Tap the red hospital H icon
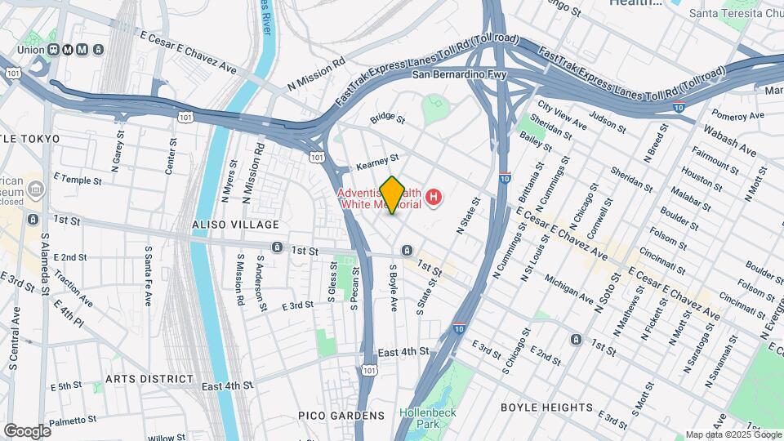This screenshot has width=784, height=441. tap(434, 197)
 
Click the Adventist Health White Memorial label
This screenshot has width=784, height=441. tap(380, 198)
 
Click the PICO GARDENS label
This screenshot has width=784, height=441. tap(341, 416)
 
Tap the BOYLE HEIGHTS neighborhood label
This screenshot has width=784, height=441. tap(546, 408)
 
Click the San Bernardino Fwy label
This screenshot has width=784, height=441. tap(459, 75)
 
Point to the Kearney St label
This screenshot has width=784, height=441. tap(377, 164)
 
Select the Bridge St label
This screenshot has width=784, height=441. tap(387, 118)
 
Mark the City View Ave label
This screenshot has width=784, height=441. tap(562, 119)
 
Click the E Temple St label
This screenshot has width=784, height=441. tap(78, 180)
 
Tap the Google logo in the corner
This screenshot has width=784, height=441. tap(27, 430)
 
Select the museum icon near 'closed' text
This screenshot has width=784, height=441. tap(36, 190)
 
